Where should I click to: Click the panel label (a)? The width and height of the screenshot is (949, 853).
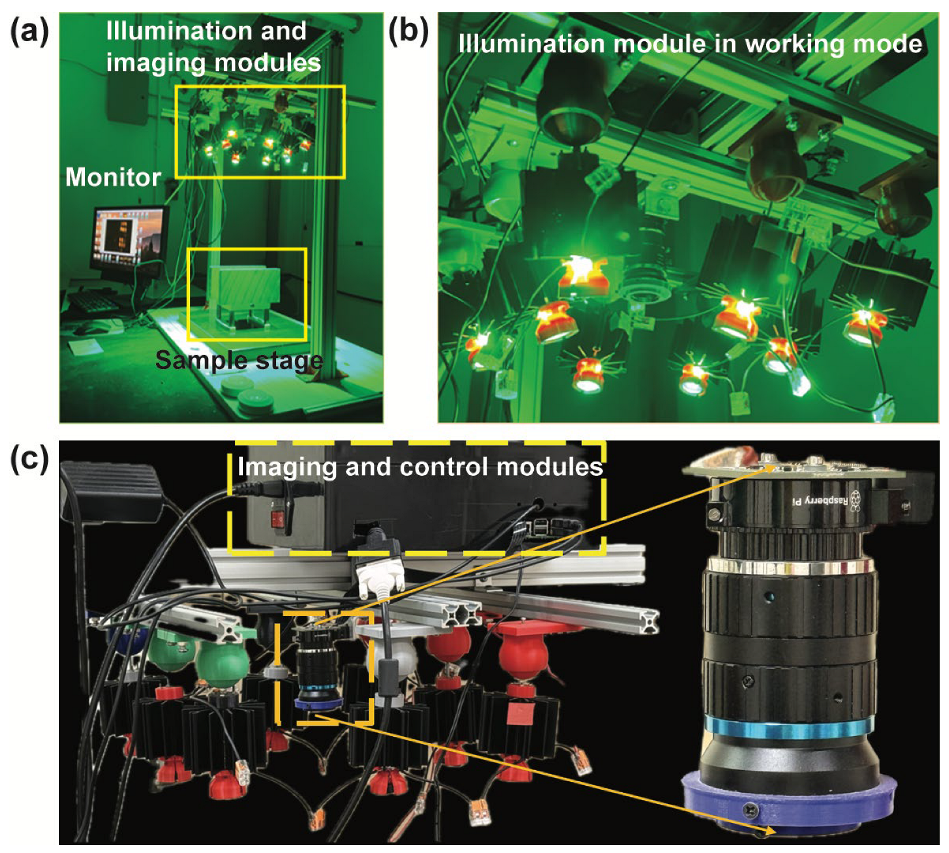29,33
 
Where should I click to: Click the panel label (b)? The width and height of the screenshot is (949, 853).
408,33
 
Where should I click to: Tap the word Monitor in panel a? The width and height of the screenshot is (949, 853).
113,177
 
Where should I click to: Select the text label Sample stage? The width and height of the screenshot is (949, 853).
239,360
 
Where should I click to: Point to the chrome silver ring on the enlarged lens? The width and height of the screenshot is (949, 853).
790,566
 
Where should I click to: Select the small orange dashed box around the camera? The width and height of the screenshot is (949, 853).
324,667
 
